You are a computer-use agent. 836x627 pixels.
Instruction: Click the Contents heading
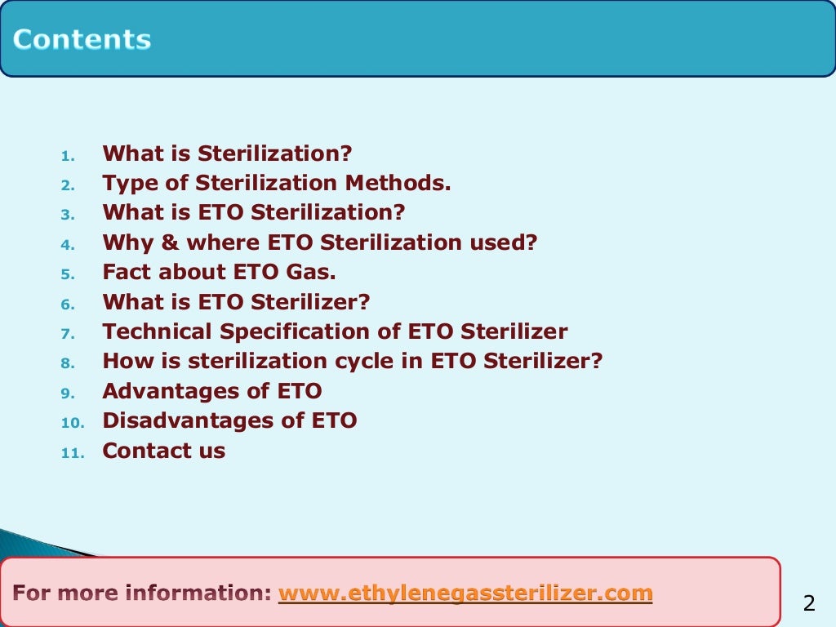(x=82, y=40)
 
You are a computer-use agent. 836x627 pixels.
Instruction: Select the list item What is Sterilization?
(x=227, y=153)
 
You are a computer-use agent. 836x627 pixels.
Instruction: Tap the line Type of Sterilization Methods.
(x=276, y=183)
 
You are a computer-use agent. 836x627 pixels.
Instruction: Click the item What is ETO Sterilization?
(x=253, y=213)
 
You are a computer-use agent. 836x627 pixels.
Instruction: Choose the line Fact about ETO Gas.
(x=219, y=273)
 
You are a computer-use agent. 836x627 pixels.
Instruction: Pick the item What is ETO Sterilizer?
(x=236, y=302)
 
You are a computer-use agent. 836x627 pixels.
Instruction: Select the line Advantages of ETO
(x=211, y=391)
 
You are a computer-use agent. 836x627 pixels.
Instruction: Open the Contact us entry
(x=163, y=451)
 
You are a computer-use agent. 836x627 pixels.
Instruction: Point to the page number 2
(x=809, y=604)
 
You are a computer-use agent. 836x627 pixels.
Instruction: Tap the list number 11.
(x=72, y=453)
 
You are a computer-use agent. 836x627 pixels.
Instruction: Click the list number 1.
(x=67, y=155)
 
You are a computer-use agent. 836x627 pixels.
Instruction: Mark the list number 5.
(x=67, y=274)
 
